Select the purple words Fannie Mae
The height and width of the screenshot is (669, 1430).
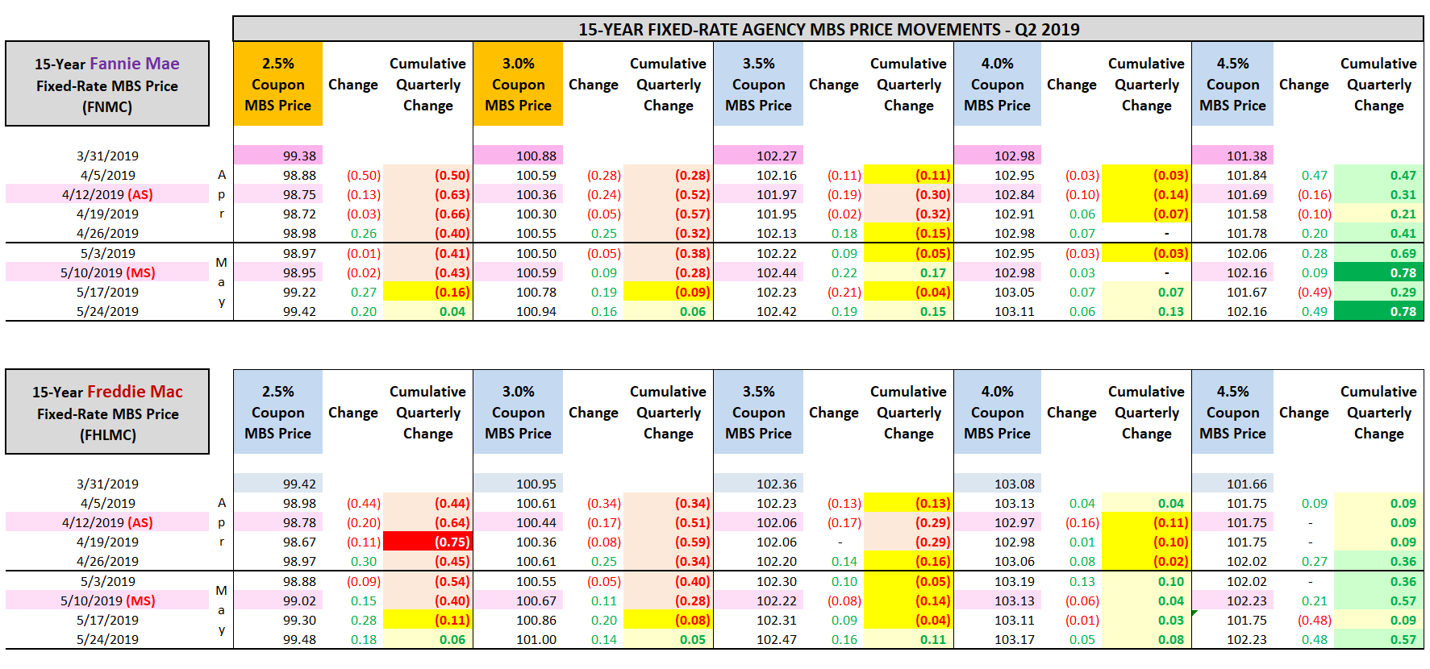point(135,64)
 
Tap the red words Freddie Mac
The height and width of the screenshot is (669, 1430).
point(135,392)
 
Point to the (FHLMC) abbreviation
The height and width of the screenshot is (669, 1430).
point(107,435)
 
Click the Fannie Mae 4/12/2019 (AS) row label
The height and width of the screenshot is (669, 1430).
point(107,195)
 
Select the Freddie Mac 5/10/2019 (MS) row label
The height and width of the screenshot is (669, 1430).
point(107,601)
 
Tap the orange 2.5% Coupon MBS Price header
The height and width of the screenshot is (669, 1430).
point(277,85)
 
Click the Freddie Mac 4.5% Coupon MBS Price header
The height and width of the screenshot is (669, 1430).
point(1232,413)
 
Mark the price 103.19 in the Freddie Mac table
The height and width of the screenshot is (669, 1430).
point(1014,582)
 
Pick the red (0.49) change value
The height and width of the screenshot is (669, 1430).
point(1314,293)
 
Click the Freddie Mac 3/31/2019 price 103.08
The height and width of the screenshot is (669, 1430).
point(1014,484)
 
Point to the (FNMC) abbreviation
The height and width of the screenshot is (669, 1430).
point(107,107)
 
